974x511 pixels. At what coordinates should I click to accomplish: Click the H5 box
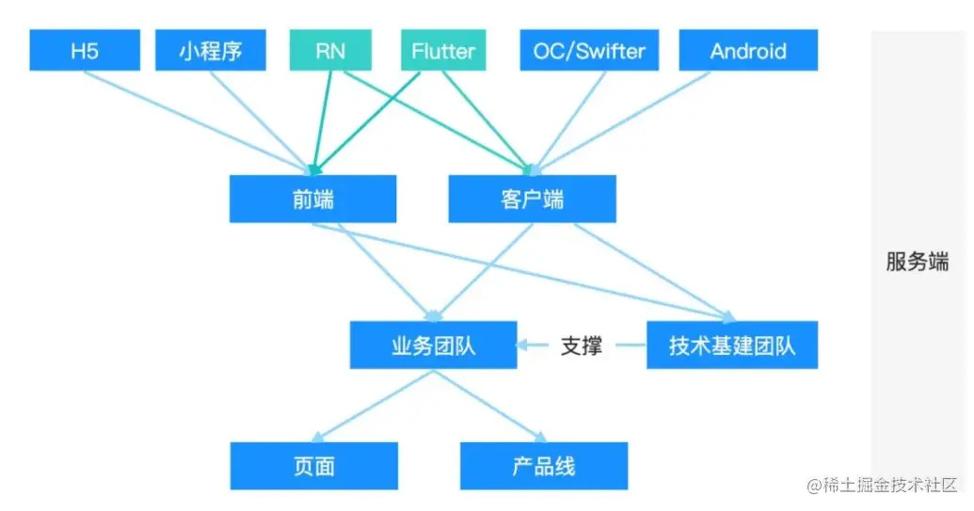tap(85, 50)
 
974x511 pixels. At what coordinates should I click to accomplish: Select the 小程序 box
tap(211, 50)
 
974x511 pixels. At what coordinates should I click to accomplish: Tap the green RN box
tap(331, 50)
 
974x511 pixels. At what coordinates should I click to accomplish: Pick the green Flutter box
tap(444, 50)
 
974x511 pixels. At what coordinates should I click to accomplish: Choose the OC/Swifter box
tap(589, 50)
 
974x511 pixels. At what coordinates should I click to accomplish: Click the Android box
tap(748, 50)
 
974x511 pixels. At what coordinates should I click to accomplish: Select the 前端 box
tap(313, 199)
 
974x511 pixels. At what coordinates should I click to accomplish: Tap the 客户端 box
tap(533, 199)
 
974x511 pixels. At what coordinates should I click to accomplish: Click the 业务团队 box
tap(433, 345)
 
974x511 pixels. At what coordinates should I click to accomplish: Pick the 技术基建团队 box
tap(732, 345)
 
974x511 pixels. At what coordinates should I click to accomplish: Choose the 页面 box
tap(313, 466)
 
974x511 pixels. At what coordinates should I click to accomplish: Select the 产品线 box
tap(544, 466)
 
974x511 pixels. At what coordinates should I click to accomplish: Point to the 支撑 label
tap(581, 345)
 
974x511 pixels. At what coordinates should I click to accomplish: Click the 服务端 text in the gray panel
tap(917, 262)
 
